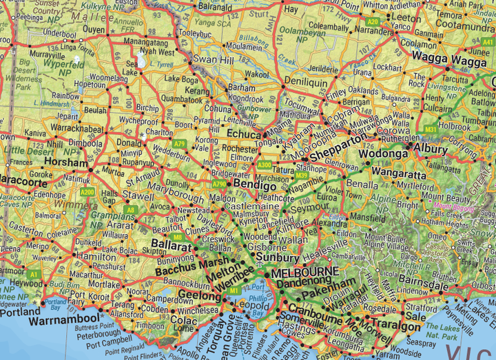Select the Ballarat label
[172, 245]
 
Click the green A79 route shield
[180, 144]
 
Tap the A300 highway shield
[265, 165]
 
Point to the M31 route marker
[430, 129]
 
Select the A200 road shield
[87, 192]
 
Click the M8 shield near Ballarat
[178, 237]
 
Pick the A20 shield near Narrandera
[373, 22]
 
